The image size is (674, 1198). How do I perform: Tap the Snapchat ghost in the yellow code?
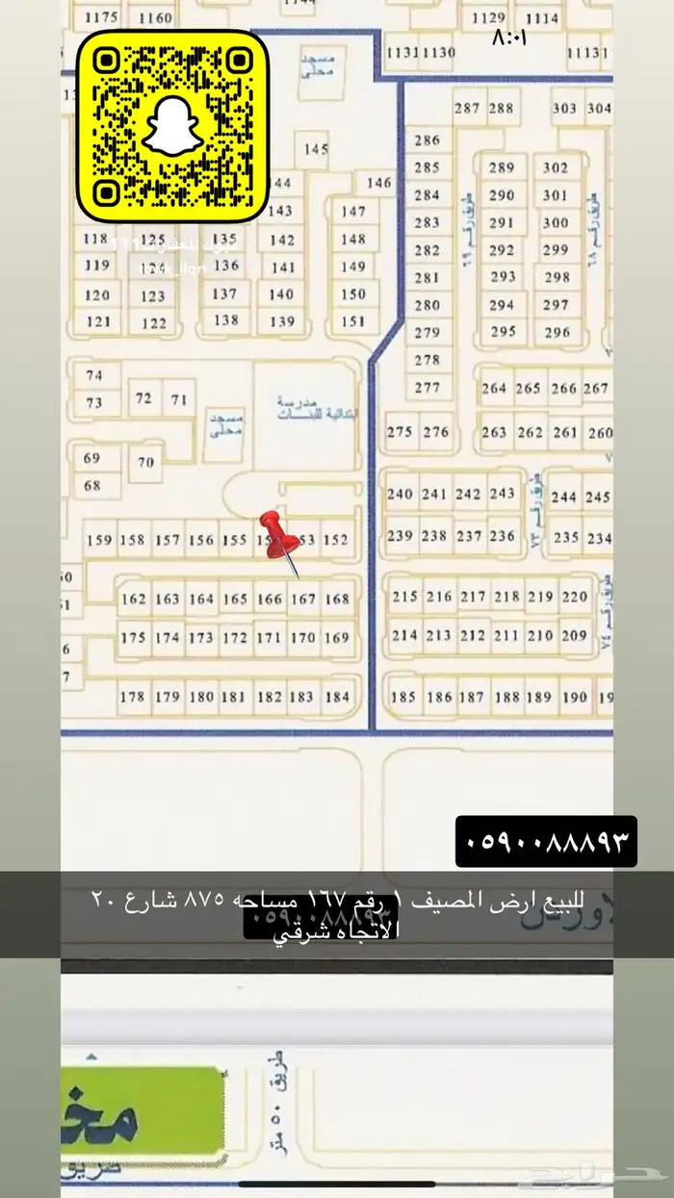click(x=172, y=126)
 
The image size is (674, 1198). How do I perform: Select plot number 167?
click(x=303, y=599)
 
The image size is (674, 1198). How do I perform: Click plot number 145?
click(x=317, y=149)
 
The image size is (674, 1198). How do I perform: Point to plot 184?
click(x=337, y=697)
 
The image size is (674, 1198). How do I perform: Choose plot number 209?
click(x=574, y=635)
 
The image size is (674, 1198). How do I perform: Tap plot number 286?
click(x=427, y=140)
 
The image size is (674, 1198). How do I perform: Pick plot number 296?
click(x=557, y=333)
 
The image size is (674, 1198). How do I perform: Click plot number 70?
click(x=145, y=462)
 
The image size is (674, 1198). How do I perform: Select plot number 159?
click(x=99, y=541)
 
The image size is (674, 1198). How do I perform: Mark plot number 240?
click(x=400, y=495)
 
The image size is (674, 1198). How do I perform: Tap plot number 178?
click(x=133, y=697)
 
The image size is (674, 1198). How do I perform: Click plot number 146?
click(x=379, y=183)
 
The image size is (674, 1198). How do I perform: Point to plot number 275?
click(x=400, y=432)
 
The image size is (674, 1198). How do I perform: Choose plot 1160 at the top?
click(x=155, y=18)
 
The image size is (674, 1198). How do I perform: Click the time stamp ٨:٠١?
click(x=510, y=38)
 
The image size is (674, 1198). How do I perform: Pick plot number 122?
click(x=154, y=323)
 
